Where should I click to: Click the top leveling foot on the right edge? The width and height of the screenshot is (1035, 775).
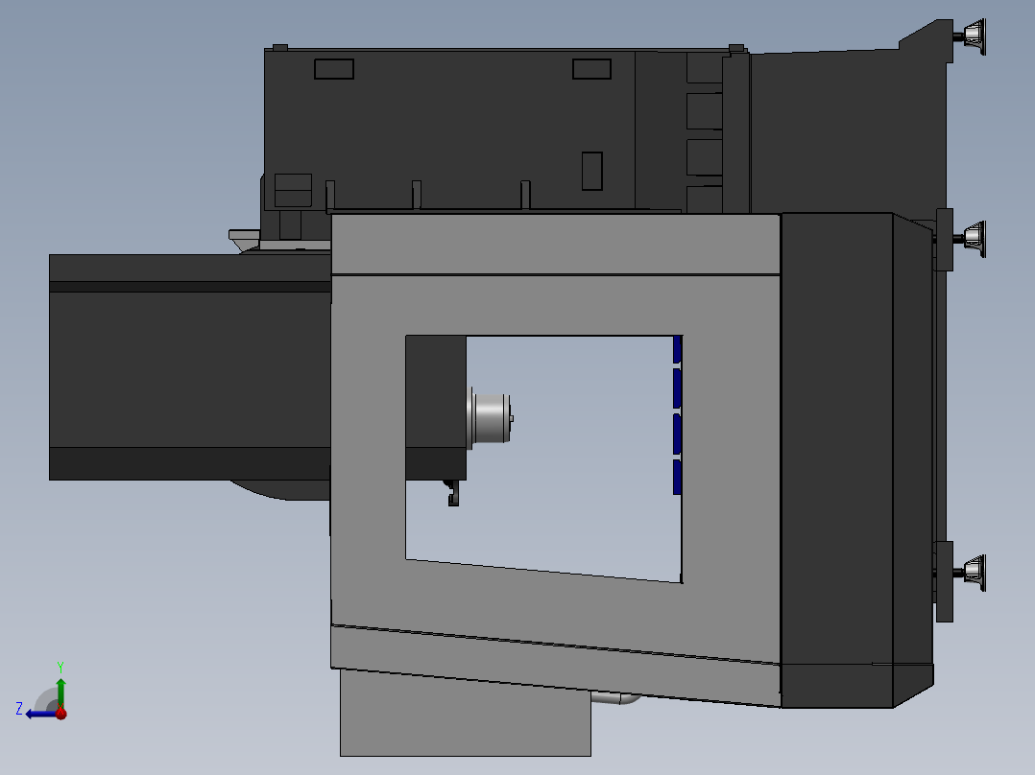pos(975,36)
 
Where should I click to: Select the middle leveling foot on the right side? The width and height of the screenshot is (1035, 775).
pos(974,235)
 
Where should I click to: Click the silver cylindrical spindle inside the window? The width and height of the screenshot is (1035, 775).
pos(491,418)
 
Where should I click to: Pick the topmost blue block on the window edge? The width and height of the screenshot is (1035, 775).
pos(677,349)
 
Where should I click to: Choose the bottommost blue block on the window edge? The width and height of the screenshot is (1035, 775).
pos(677,477)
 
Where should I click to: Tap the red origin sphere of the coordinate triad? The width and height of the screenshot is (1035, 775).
pos(60,713)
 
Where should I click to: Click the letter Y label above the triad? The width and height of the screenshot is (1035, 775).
pos(60,666)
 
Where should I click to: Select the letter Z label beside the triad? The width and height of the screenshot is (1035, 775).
pos(19,709)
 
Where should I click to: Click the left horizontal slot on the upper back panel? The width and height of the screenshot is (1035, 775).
pos(334,69)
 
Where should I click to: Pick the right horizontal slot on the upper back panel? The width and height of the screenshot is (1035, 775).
pos(591,69)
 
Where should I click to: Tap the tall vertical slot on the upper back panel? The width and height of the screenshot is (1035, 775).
pos(591,171)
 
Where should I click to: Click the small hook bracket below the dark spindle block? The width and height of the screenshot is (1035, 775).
pos(451,493)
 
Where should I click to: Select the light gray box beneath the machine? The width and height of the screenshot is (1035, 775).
pos(465,715)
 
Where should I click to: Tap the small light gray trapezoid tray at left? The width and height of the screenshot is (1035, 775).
pos(244,235)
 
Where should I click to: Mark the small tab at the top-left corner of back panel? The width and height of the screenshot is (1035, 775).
pos(280,47)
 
